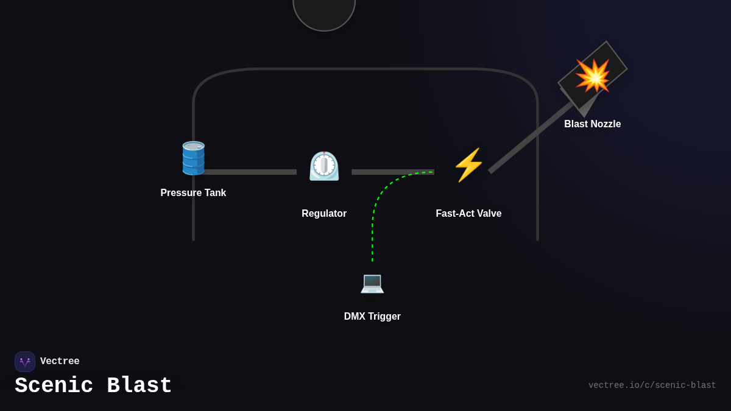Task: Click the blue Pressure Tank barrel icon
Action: coord(193,158)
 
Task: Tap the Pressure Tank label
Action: coord(193,193)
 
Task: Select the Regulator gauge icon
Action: coord(324,166)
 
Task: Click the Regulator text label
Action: coord(324,214)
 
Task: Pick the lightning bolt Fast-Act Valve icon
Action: coord(468,165)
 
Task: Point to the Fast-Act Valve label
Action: coord(468,214)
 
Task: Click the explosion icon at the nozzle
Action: coord(592,76)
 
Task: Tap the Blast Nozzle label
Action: coord(592,124)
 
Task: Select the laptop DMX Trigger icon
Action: coord(372,283)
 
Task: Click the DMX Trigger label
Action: coord(372,317)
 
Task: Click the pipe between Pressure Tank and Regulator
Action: coord(250,172)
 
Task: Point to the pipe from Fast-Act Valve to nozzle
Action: coord(530,138)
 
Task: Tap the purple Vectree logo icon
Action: coord(25,362)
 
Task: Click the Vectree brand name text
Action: coord(60,362)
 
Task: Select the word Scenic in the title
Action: coord(54,386)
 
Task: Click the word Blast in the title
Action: coord(139,386)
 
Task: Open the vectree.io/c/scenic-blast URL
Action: coord(652,385)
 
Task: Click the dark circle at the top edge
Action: coord(324,12)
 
